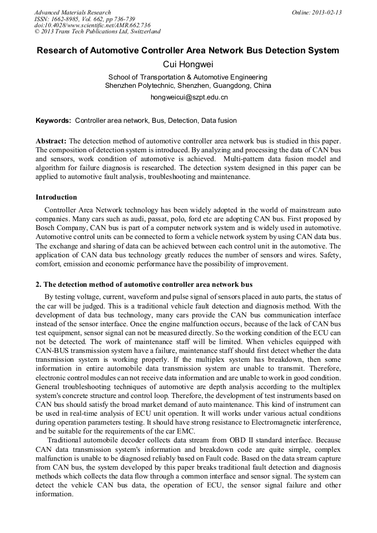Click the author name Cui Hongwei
(188, 64)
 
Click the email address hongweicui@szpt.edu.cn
(188, 97)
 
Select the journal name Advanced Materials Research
(72, 12)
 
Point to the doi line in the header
(92, 26)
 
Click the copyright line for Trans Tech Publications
(97, 32)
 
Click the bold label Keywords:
(53, 120)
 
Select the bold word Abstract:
(51, 142)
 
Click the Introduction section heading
(56, 197)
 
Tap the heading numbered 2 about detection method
(144, 284)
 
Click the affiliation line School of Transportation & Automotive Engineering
(188, 77)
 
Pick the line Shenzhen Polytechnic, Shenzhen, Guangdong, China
(188, 86)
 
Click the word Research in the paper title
(57, 51)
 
